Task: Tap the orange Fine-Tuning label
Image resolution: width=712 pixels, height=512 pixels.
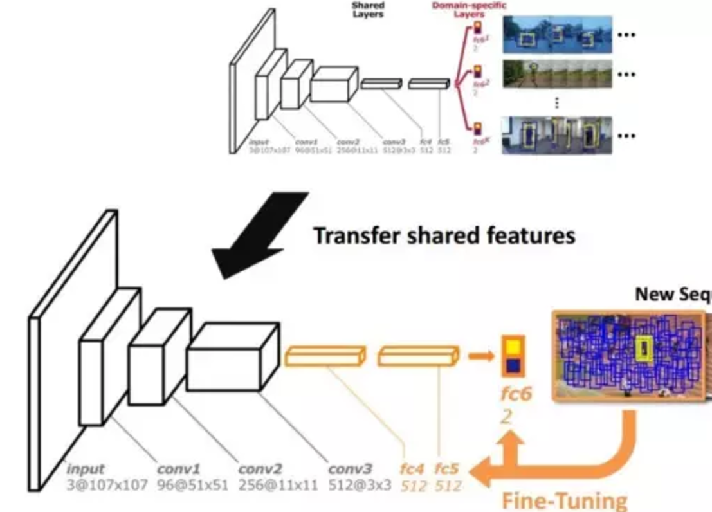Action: [564, 500]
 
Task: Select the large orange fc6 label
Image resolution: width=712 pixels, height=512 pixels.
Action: [516, 394]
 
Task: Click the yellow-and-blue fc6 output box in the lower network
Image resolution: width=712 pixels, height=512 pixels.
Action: [513, 356]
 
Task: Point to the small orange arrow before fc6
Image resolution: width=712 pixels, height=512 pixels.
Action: [479, 355]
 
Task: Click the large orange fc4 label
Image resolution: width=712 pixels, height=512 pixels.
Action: [414, 469]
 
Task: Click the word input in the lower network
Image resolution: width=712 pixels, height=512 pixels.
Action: [85, 469]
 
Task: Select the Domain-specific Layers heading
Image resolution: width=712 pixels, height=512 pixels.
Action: [469, 10]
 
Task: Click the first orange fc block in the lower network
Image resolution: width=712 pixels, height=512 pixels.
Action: [326, 356]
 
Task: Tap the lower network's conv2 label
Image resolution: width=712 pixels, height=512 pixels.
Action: [260, 469]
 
